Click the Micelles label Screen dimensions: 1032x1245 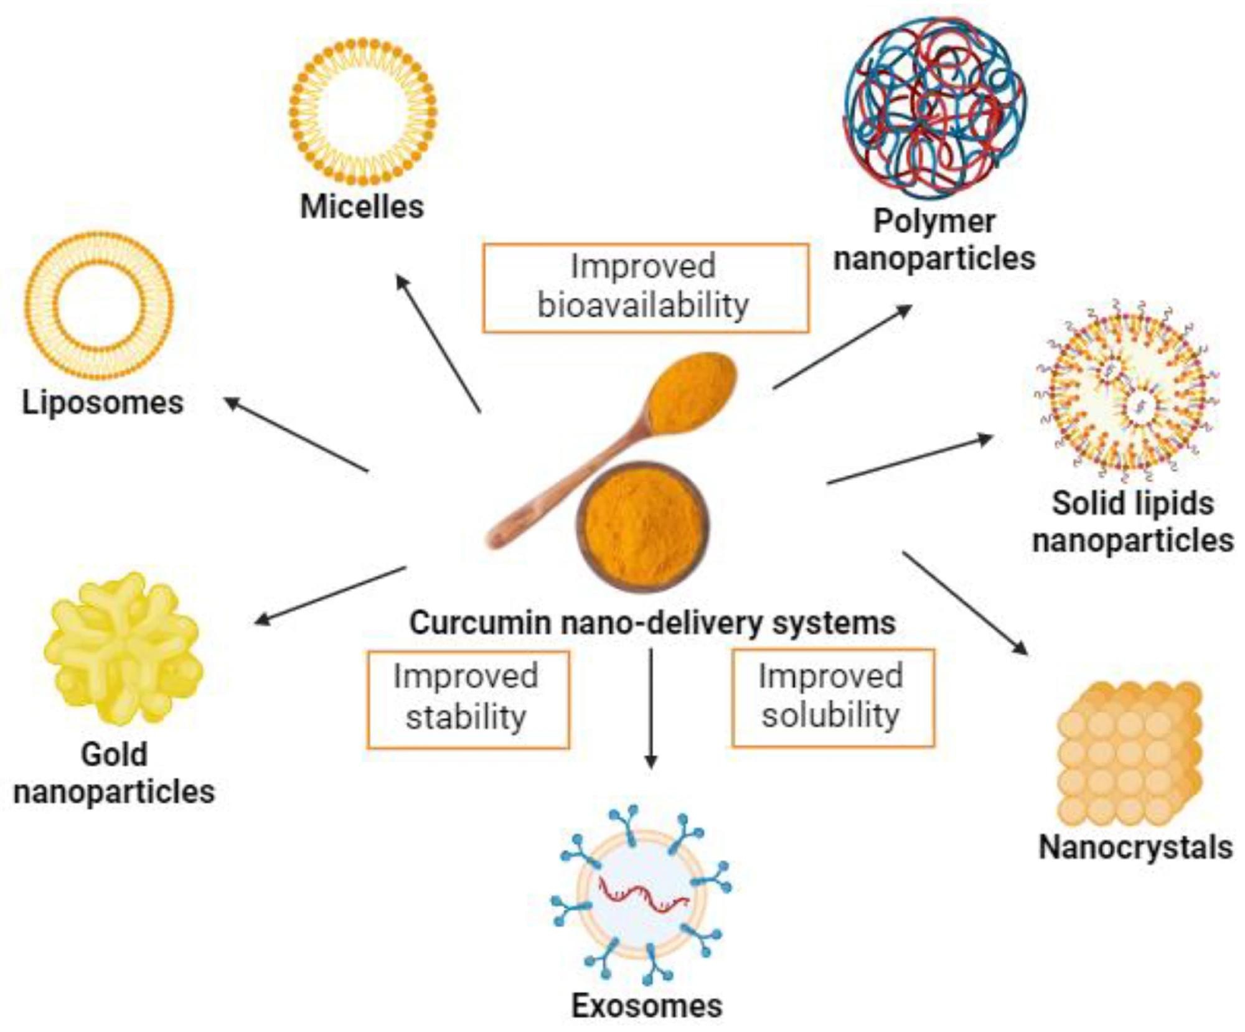pos(362,207)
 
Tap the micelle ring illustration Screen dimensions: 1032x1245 pos(363,112)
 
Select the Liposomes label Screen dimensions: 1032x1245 pos(103,403)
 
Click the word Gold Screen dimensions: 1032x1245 pos(115,754)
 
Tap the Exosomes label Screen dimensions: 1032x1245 pos(647,1006)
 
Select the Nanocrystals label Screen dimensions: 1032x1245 pos(1135,848)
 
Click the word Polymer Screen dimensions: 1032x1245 pos(934,222)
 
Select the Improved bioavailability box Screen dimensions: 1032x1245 pos(646,288)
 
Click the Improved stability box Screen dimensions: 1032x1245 pos(467,699)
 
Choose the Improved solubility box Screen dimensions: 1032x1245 pos(832,697)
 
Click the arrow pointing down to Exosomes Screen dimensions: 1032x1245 pos(651,710)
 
